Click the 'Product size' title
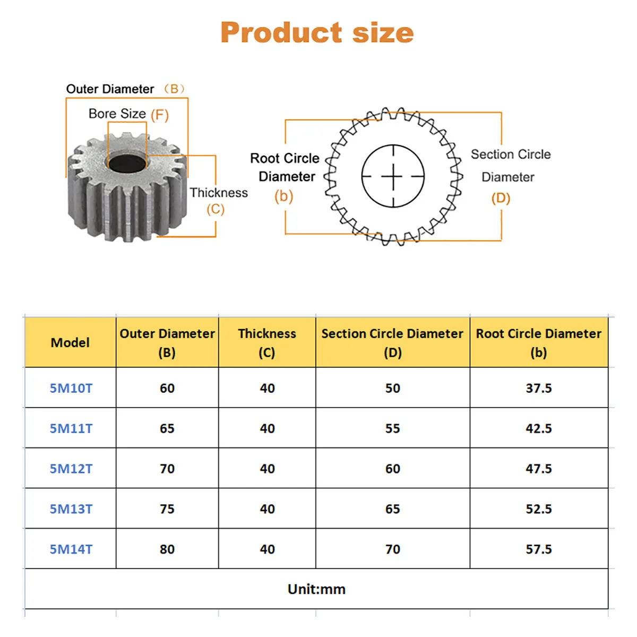pyautogui.click(x=317, y=32)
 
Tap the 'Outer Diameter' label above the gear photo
pyautogui.click(x=110, y=89)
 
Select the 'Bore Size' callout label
pyautogui.click(x=117, y=114)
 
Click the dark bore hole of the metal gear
pyautogui.click(x=127, y=162)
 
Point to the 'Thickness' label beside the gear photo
pyautogui.click(x=219, y=193)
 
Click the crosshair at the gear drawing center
pyautogui.click(x=393, y=176)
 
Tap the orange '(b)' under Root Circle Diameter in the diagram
pyautogui.click(x=284, y=196)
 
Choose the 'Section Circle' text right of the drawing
pyautogui.click(x=511, y=154)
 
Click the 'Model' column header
pyautogui.click(x=70, y=342)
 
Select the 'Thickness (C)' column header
pyautogui.click(x=267, y=342)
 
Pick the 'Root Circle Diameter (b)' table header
pyautogui.click(x=538, y=342)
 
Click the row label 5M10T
pyautogui.click(x=71, y=388)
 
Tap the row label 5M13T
pyautogui.click(x=71, y=509)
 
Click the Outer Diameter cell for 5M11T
pyautogui.click(x=167, y=428)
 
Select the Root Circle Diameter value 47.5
pyautogui.click(x=539, y=469)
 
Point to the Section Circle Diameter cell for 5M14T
pyautogui.click(x=393, y=549)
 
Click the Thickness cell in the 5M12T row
pyautogui.click(x=268, y=469)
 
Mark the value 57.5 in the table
pyautogui.click(x=539, y=549)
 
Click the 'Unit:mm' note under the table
pyautogui.click(x=316, y=589)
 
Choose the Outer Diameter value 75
pyautogui.click(x=167, y=509)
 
